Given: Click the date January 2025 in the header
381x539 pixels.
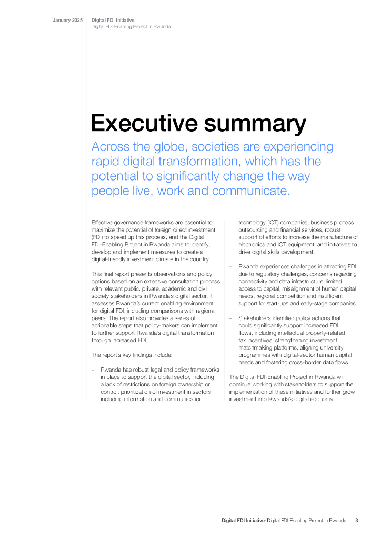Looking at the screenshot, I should point(67,20).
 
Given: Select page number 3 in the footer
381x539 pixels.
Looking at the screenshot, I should point(356,521).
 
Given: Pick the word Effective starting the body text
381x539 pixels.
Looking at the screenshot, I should point(104,223).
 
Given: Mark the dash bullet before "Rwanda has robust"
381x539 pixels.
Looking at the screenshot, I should point(93,370).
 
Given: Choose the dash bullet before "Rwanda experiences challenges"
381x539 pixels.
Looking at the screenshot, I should point(232,267).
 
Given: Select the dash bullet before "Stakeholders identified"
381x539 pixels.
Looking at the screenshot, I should point(232,318).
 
